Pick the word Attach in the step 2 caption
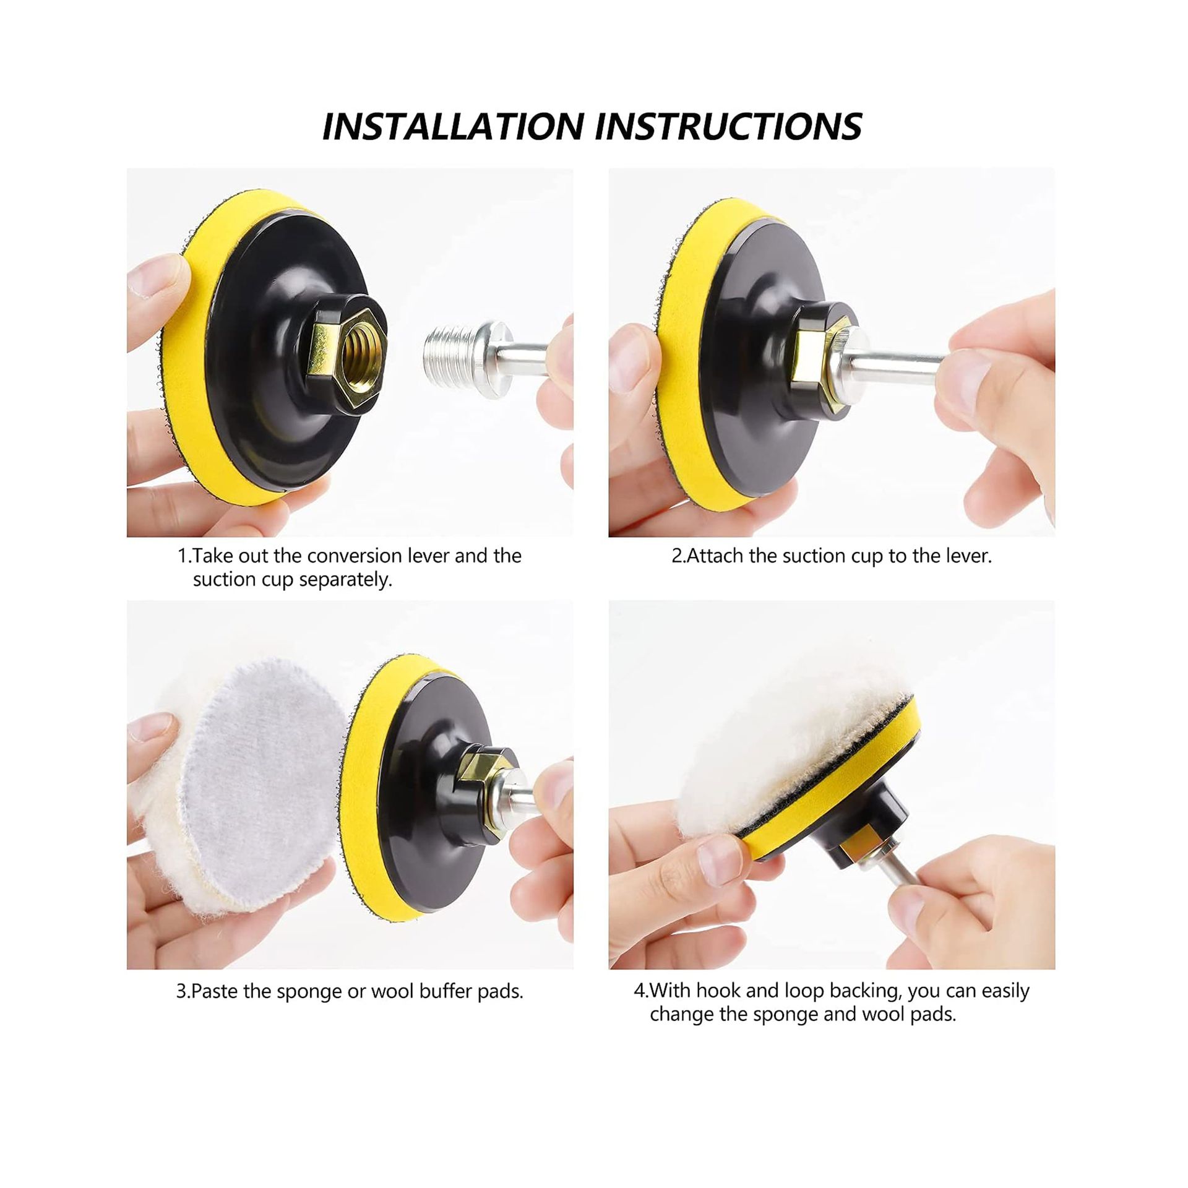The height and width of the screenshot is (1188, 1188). [717, 556]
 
